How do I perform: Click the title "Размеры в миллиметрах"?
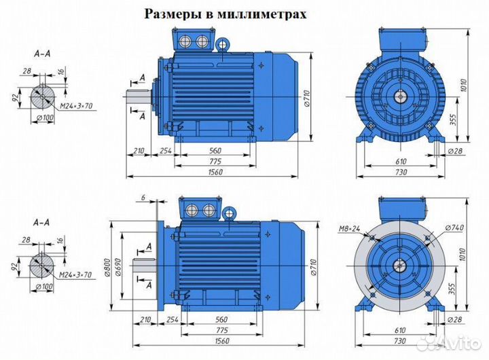(225, 14)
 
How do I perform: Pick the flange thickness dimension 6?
(143, 198)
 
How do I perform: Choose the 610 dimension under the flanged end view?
(401, 331)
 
